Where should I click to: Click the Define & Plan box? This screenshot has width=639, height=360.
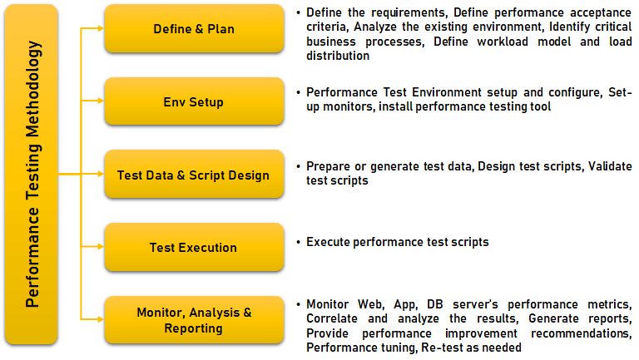coord(194,28)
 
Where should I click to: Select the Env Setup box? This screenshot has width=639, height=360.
coord(194,101)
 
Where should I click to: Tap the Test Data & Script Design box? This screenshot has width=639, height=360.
coord(194,175)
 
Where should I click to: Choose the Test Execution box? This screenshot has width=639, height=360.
coord(194,247)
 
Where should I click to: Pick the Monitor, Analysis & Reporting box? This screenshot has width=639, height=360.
coord(194,320)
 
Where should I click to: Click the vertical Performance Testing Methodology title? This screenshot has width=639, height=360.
coord(32,175)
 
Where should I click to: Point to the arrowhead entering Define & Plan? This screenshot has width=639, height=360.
coord(101,28)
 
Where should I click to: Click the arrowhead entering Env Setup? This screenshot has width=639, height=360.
coord(101,101)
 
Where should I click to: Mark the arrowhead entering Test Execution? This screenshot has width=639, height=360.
coord(101,247)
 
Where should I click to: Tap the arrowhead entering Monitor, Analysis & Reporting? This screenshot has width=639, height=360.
coord(101,319)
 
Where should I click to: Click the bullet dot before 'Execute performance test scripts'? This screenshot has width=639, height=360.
coord(299,242)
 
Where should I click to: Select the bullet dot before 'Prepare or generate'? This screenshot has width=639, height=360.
coord(299,166)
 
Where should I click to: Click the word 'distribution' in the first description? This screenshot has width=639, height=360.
coord(338,56)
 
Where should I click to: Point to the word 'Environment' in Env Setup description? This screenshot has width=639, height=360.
coord(444,92)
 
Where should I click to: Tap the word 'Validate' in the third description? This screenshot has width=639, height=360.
coord(610,166)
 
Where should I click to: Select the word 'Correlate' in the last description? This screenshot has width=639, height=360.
coord(332,318)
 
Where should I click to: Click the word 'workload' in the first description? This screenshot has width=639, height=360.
coord(503,42)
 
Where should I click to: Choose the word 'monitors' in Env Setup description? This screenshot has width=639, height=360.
coord(349,106)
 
